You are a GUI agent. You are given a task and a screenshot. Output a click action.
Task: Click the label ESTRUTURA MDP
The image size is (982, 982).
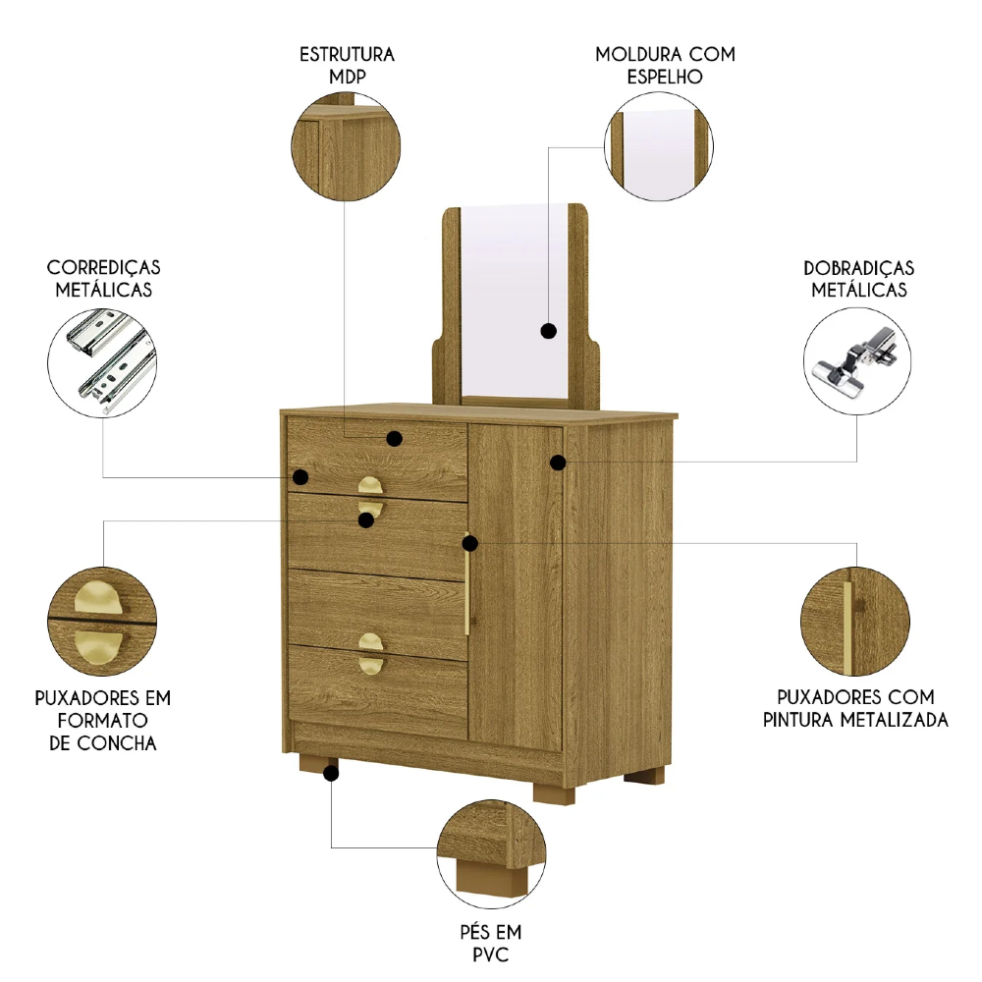coord(347,64)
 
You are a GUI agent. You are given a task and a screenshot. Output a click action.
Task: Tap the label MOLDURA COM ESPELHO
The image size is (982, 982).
coord(665,64)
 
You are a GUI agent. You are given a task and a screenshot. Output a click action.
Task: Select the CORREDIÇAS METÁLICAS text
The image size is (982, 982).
coord(103,278)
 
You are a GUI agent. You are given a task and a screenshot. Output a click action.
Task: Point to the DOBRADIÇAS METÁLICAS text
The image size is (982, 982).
coord(858,278)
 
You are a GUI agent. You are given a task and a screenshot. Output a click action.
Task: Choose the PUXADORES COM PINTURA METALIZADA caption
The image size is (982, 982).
coord(854,708)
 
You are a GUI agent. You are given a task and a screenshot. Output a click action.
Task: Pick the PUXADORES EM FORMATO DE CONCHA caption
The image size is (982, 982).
coord(102,720)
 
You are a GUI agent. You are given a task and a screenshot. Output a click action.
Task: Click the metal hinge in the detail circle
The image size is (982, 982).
coord(856,363)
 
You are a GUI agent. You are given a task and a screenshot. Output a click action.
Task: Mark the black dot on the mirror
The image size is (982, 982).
coord(548,331)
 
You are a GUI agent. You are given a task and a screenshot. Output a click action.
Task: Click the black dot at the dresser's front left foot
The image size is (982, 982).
coord(331,774)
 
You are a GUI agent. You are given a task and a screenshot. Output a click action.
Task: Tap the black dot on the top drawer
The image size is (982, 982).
coord(394,439)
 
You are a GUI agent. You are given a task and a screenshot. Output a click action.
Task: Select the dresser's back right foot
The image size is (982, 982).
coord(644,776)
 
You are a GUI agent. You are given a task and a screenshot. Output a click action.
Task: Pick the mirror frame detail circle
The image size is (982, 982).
coord(657,148)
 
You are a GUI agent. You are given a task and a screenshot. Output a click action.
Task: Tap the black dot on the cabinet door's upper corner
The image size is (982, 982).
coord(558,462)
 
